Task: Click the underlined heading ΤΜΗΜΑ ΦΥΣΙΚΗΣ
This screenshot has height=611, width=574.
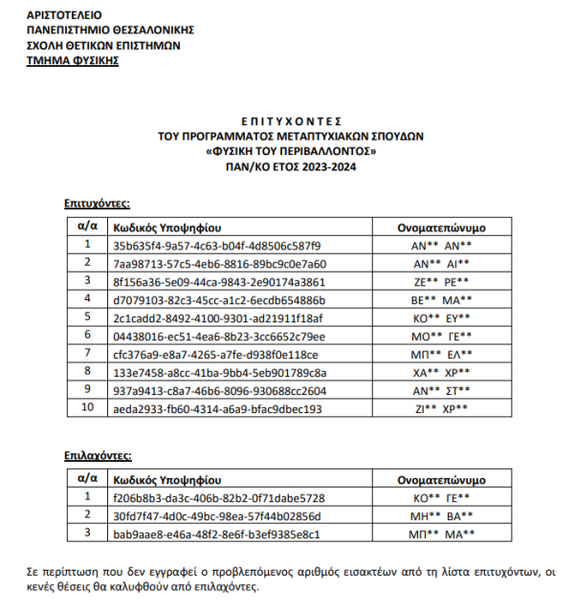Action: [x=73, y=59]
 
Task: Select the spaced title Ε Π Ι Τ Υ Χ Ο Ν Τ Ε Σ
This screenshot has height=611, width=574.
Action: [x=291, y=122]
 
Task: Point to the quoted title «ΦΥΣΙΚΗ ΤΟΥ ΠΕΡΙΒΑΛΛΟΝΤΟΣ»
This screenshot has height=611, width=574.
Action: [x=291, y=151]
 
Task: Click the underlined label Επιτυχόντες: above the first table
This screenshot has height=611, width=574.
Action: [x=98, y=203]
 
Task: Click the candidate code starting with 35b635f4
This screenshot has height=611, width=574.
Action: [x=217, y=246]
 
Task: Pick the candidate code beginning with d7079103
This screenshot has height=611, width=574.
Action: [x=219, y=299]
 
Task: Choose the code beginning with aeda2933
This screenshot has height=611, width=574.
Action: [x=217, y=409]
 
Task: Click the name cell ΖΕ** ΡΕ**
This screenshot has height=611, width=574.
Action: [x=441, y=281]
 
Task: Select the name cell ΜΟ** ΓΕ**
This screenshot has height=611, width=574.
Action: [x=441, y=336]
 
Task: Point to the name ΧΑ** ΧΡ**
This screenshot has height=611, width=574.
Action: [x=441, y=372]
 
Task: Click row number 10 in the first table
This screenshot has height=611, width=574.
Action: [x=87, y=408]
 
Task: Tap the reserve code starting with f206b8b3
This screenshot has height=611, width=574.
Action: [x=219, y=497]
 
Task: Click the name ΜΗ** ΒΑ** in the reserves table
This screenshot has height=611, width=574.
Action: [x=441, y=515]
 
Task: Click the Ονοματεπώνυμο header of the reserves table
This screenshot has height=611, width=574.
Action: [x=441, y=479]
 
